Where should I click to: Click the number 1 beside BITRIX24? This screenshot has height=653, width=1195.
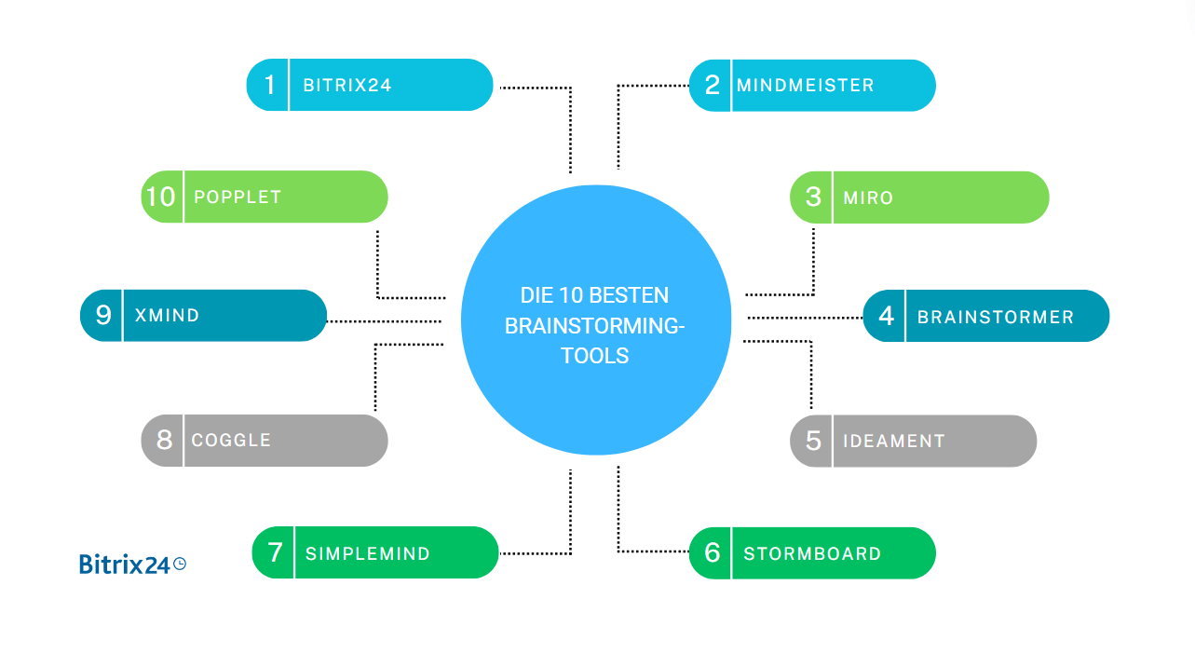click(269, 85)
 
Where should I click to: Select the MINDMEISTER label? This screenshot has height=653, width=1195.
click(805, 86)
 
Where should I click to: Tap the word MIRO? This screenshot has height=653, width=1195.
click(868, 197)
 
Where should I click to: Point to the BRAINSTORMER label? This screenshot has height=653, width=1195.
click(995, 317)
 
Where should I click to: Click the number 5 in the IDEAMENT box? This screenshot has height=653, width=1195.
click(813, 441)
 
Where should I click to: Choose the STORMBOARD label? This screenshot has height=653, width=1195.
click(811, 553)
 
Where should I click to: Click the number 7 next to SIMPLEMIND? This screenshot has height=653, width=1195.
click(275, 552)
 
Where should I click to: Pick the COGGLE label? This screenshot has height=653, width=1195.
click(231, 440)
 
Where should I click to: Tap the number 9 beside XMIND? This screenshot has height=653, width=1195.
click(103, 315)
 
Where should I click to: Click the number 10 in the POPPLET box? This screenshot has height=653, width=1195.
click(161, 197)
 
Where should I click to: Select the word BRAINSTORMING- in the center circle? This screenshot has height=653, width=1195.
click(595, 326)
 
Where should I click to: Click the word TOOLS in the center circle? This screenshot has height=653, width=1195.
click(595, 356)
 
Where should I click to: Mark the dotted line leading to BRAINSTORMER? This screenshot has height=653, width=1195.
click(805, 318)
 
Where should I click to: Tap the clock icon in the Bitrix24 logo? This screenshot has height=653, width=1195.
click(180, 563)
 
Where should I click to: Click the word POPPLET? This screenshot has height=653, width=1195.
click(237, 197)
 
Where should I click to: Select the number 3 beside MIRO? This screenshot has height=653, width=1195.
click(813, 197)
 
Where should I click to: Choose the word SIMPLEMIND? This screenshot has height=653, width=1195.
click(367, 553)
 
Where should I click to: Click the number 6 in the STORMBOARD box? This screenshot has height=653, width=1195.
click(712, 553)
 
